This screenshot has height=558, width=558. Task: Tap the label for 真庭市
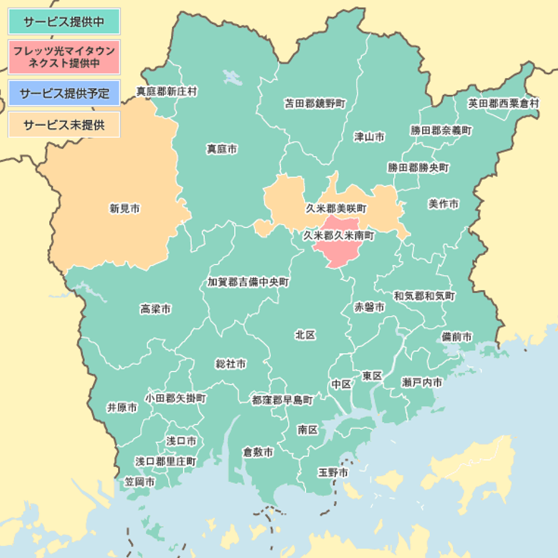pyautogui.click(x=222, y=149)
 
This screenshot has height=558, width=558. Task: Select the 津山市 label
pyautogui.click(x=369, y=137)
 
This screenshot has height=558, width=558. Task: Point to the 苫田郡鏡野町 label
pyautogui.click(x=315, y=104)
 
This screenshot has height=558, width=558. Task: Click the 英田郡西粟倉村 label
pyautogui.click(x=503, y=104)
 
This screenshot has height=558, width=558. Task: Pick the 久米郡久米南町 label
pyautogui.click(x=339, y=236)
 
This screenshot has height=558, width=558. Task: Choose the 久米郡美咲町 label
pyautogui.click(x=337, y=209)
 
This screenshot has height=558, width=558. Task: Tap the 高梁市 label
pyautogui.click(x=156, y=309)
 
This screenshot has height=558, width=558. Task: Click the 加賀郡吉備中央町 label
pyautogui.click(x=248, y=282)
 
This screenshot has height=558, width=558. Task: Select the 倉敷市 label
pyautogui.click(x=258, y=453)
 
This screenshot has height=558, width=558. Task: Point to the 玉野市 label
pyautogui.click(x=333, y=473)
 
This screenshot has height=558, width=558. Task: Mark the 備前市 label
pyautogui.click(x=457, y=337)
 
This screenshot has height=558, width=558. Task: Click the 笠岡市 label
pyautogui.click(x=140, y=481)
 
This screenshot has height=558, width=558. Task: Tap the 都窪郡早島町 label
pyautogui.click(x=282, y=400)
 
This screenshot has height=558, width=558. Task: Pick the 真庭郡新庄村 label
pyautogui.click(x=167, y=92)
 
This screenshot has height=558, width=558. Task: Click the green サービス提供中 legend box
pyautogui.click(x=64, y=22)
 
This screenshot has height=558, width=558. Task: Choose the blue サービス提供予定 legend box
pyautogui.click(x=64, y=93)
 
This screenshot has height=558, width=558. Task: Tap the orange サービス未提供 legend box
pyautogui.click(x=64, y=125)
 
